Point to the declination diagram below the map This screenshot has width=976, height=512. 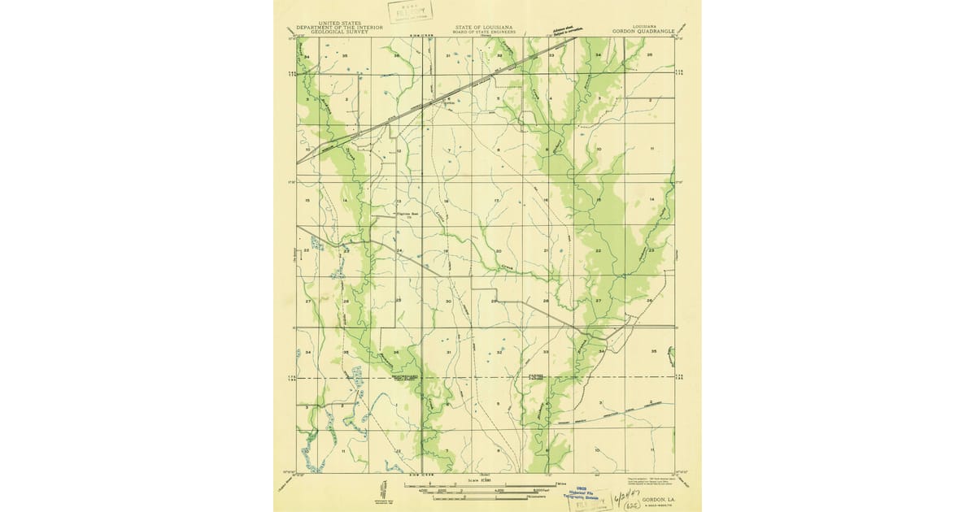(x=380, y=489)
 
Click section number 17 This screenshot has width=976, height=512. (x=496, y=200)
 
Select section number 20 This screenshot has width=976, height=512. (x=498, y=251)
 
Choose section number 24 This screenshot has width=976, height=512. (x=399, y=250)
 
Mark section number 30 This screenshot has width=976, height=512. (x=448, y=302)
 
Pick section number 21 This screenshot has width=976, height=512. (x=547, y=251)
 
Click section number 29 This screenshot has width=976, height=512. (x=494, y=302)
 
